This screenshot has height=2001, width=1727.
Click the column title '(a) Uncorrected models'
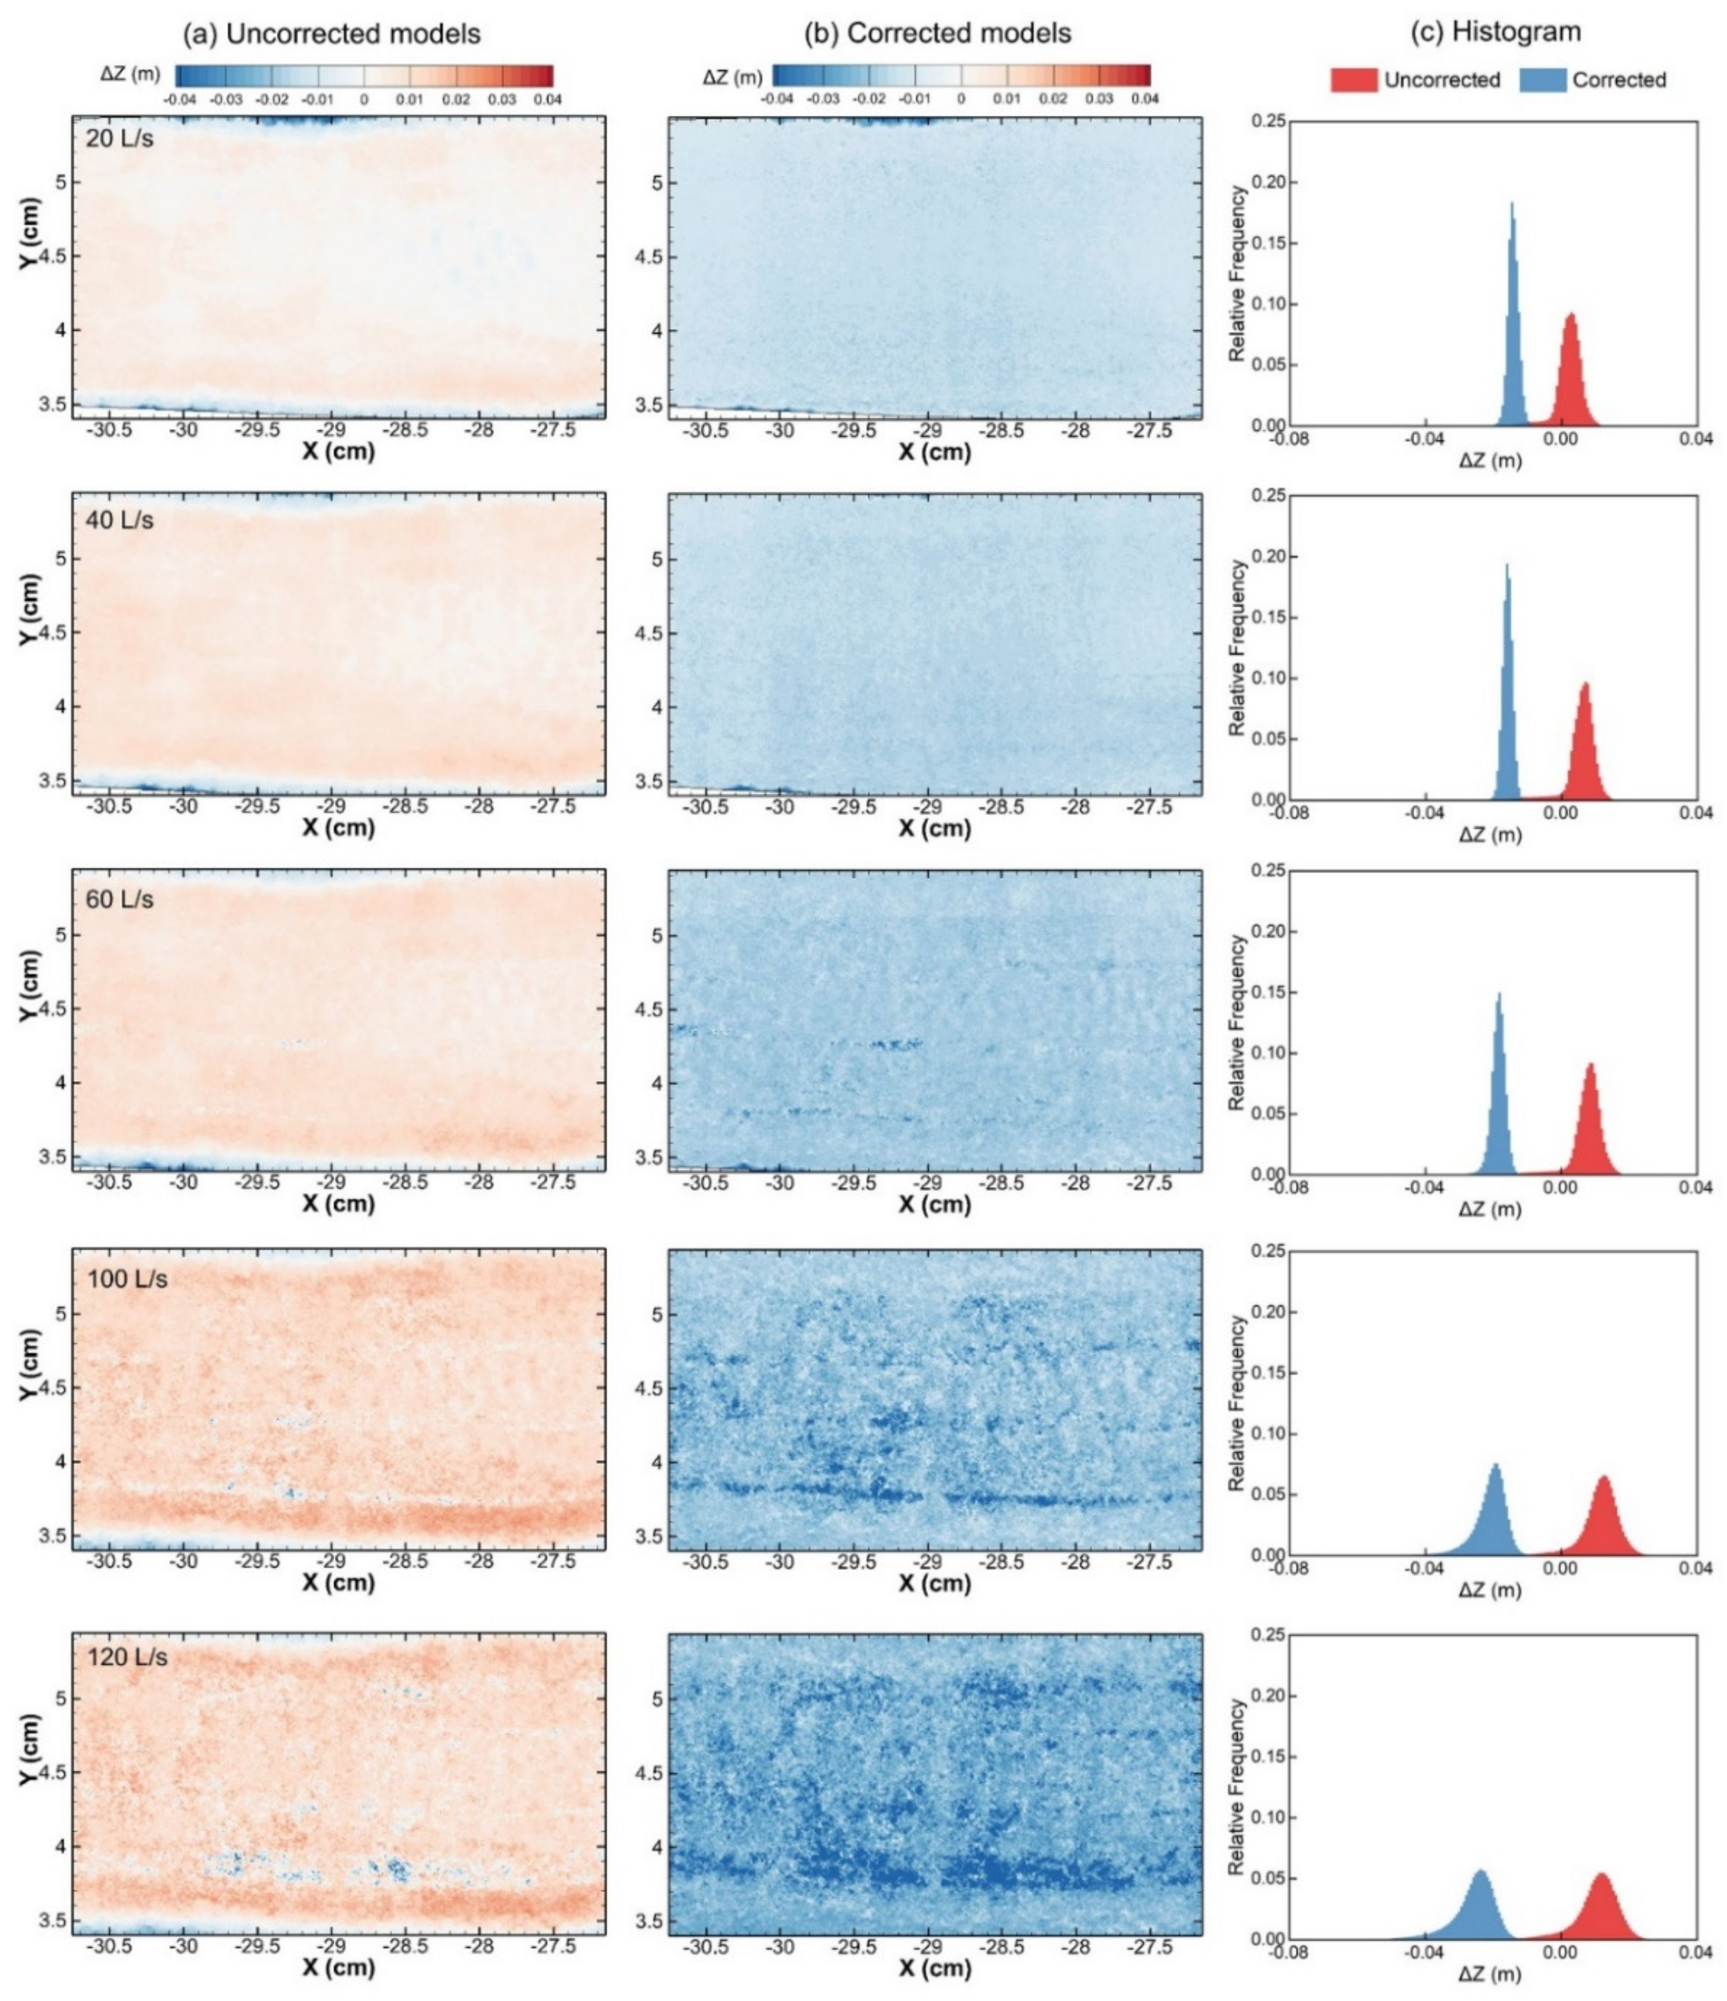coord(332,34)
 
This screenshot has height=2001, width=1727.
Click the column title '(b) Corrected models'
coord(938,34)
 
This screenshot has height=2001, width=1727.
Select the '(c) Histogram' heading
coord(1496,32)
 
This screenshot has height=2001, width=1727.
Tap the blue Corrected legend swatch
coord(1543,80)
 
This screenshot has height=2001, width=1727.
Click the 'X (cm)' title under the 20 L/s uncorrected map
coord(338,451)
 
